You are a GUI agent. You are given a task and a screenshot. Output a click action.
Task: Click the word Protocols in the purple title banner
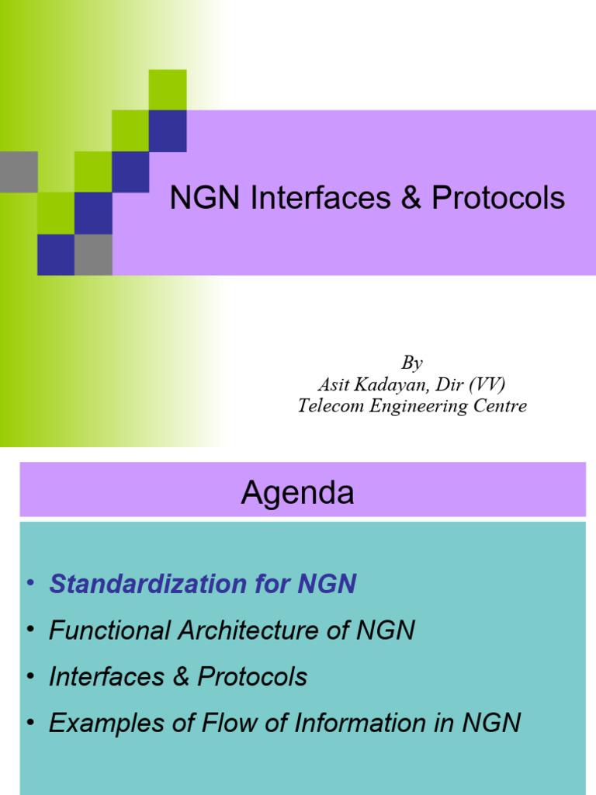(498, 199)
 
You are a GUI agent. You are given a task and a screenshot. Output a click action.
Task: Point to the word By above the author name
(412, 363)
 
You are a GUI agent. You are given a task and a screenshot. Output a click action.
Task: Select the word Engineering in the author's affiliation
(418, 406)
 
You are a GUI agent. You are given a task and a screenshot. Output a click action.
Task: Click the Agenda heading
(297, 493)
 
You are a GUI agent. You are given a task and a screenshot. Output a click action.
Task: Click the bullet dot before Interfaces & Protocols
(30, 676)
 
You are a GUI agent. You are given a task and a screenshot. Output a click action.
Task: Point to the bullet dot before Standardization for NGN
(30, 583)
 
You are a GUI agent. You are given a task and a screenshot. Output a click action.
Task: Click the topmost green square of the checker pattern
(168, 89)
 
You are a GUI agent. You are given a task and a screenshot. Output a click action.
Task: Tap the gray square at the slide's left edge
(19, 171)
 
